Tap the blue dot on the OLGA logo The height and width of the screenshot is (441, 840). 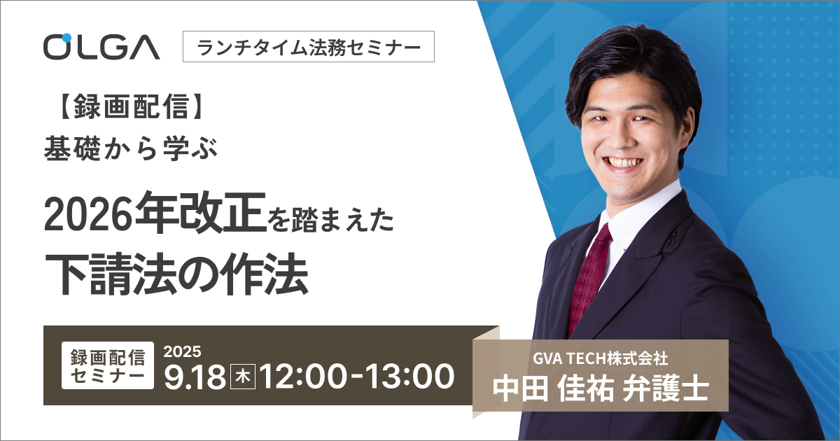click(x=66, y=38)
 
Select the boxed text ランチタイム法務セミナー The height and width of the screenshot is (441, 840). click(x=309, y=47)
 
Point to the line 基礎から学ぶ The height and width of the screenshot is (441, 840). click(x=130, y=149)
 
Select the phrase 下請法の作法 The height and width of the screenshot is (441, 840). click(x=176, y=274)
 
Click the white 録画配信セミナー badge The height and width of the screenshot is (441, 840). click(x=108, y=365)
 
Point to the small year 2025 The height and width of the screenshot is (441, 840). click(x=182, y=351)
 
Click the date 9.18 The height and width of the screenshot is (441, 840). click(x=195, y=377)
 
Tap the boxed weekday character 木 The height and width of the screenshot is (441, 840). click(x=243, y=377)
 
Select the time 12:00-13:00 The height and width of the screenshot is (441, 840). click(x=356, y=377)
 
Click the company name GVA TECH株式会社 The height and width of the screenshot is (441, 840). click(x=601, y=359)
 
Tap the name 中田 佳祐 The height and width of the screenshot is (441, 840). click(x=554, y=389)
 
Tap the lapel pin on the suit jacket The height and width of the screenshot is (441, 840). click(x=671, y=239)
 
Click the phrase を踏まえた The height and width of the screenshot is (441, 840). click(x=330, y=220)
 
